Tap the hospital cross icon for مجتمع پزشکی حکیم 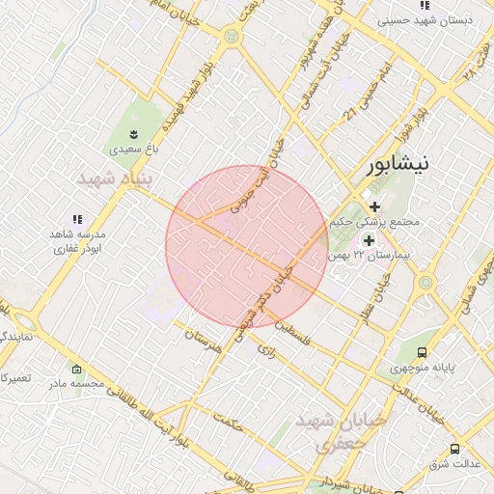click(374, 206)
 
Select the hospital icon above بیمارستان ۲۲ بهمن click(368, 238)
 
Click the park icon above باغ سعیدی click(133, 133)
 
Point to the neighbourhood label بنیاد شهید click(109, 179)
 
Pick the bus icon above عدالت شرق click(454, 449)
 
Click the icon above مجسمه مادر click(76, 370)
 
